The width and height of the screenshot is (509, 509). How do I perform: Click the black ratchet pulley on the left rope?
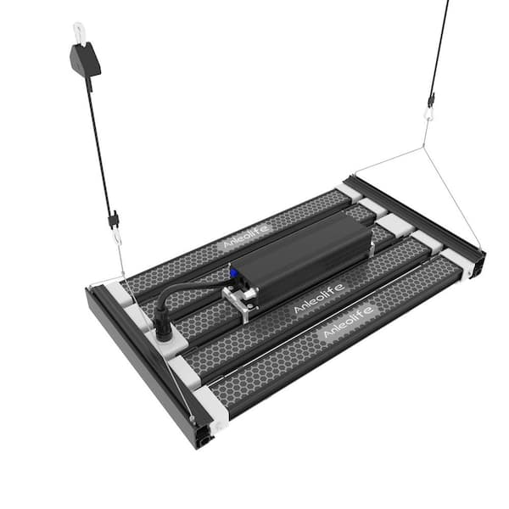pyautogui.click(x=85, y=58)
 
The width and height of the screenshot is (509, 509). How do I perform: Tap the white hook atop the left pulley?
pyautogui.click(x=80, y=31)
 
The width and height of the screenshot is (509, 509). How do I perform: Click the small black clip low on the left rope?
pyautogui.click(x=113, y=221)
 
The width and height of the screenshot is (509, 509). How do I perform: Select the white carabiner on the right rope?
pyautogui.click(x=429, y=110)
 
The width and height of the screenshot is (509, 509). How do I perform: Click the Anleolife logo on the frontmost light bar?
pyautogui.click(x=349, y=329)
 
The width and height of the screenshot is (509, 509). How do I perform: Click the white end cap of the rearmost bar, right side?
pyautogui.click(x=349, y=191)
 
